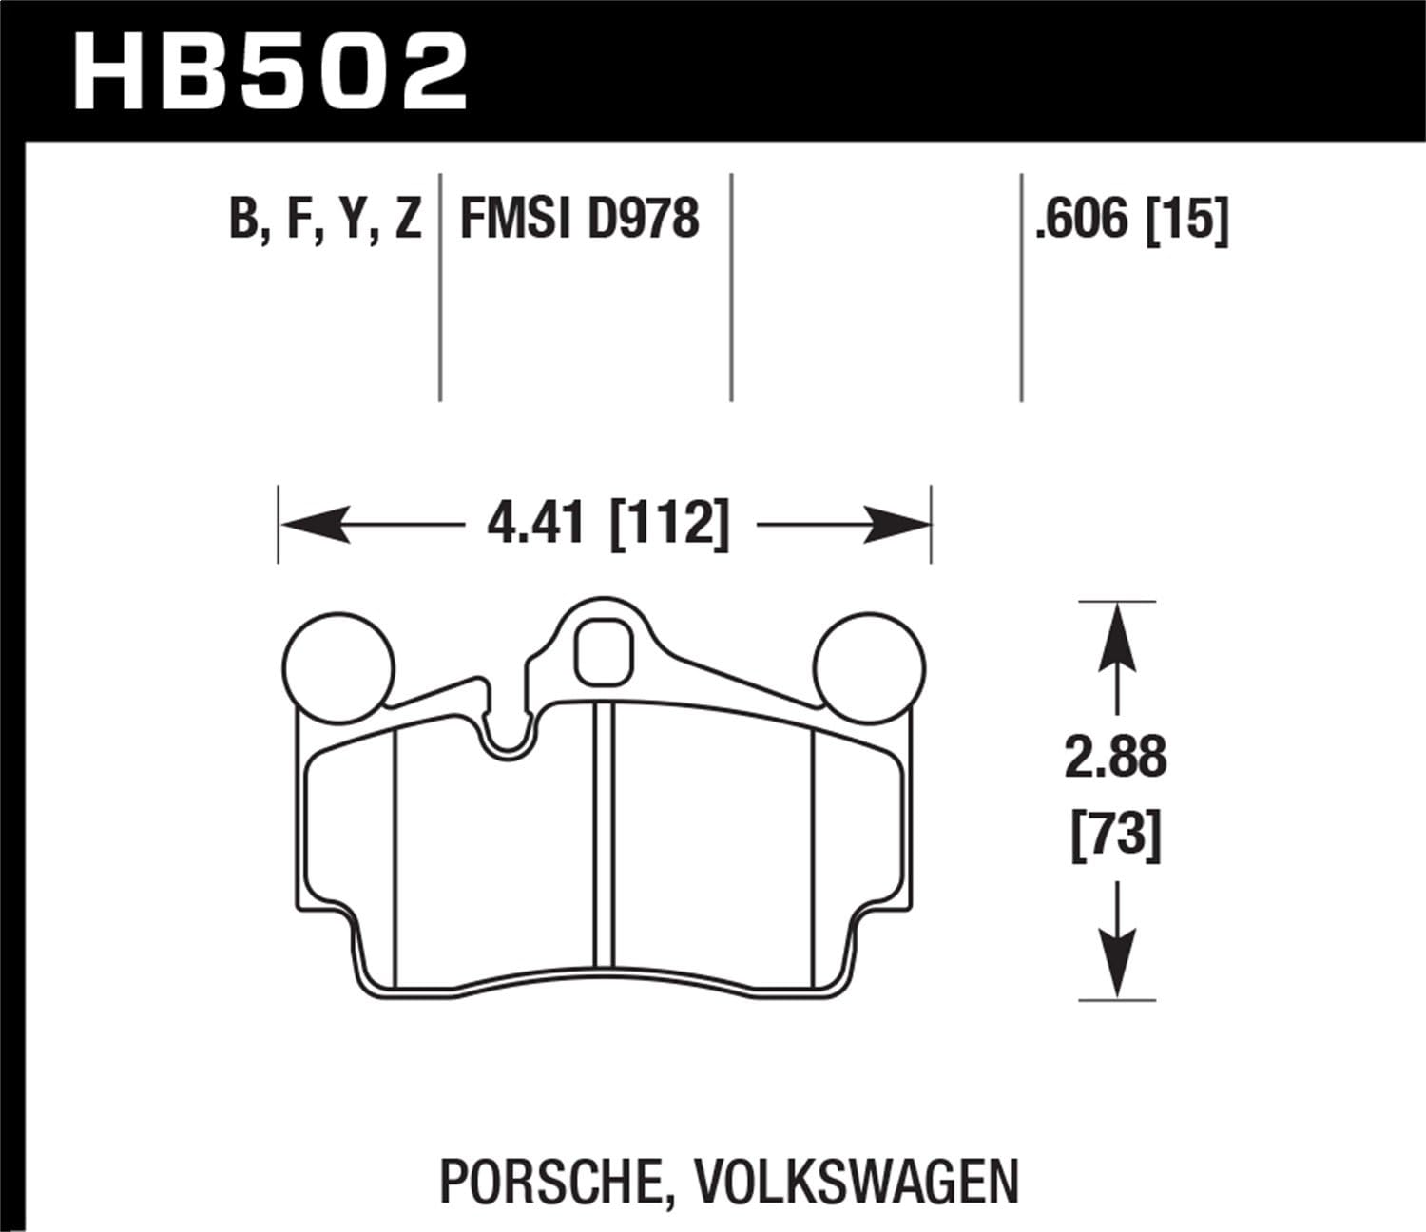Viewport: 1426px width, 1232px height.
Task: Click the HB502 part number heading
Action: click(270, 68)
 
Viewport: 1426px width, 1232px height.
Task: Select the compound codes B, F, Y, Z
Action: click(325, 220)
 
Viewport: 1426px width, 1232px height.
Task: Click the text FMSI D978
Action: click(579, 220)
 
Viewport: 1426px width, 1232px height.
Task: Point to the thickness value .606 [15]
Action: click(1132, 220)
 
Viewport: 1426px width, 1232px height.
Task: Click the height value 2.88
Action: click(1116, 759)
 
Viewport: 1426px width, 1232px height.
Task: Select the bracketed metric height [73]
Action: click(1116, 837)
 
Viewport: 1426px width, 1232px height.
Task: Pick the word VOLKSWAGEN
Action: click(856, 1180)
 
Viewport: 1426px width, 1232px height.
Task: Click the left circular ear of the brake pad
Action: click(339, 665)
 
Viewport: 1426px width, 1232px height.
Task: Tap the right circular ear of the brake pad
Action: click(871, 665)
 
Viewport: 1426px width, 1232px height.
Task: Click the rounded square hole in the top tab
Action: click(605, 651)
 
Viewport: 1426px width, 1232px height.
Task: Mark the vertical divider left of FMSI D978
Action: click(440, 285)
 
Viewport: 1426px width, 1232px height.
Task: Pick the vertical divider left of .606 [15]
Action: click(1021, 285)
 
